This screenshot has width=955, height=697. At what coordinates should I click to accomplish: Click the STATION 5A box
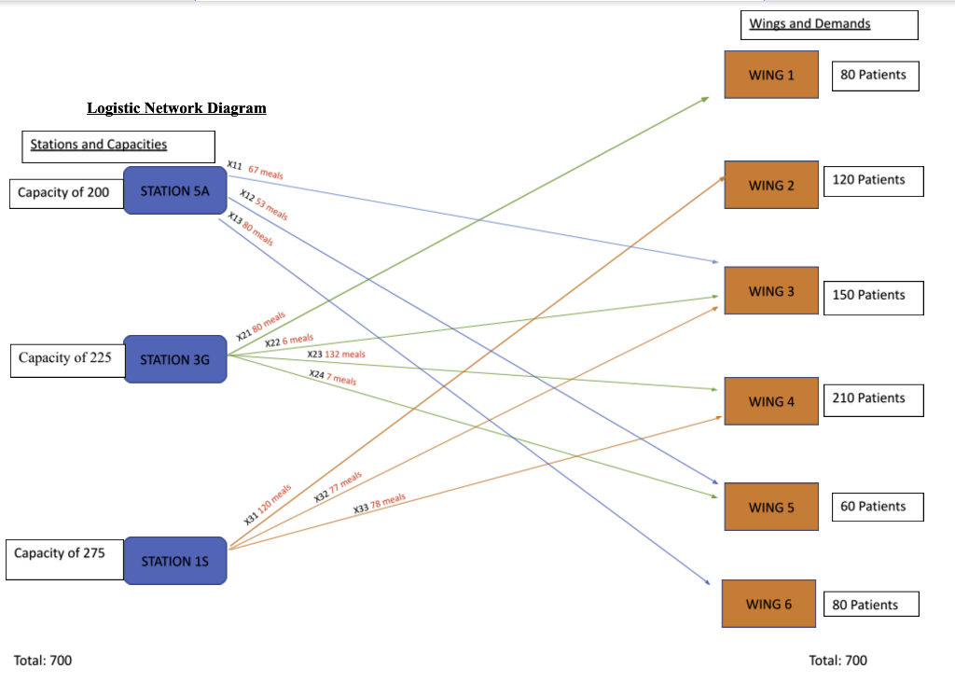[x=174, y=190]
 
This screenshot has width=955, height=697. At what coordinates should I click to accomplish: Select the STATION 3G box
[x=174, y=359]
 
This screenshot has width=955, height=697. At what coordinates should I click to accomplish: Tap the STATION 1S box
[x=174, y=561]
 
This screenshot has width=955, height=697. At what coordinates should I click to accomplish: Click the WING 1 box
[x=771, y=75]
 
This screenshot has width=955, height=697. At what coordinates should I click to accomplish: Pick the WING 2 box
[x=771, y=185]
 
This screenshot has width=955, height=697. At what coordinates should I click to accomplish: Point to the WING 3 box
[x=771, y=291]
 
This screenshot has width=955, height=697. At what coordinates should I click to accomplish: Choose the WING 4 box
[x=771, y=401]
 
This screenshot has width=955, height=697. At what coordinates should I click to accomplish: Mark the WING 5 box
[x=771, y=508]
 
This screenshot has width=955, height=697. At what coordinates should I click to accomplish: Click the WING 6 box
[x=768, y=604]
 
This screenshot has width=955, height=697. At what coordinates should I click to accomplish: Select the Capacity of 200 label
[x=63, y=193]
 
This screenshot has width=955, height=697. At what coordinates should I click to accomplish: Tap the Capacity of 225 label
[x=65, y=358]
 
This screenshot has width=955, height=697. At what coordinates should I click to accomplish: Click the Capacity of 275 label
[x=61, y=554]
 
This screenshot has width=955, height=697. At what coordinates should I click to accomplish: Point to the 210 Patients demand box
[x=868, y=398]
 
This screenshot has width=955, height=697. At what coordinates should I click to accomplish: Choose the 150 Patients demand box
[x=868, y=295]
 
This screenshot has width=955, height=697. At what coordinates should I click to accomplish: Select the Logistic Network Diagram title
[x=176, y=108]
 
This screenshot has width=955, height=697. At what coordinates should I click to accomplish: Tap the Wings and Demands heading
[x=810, y=23]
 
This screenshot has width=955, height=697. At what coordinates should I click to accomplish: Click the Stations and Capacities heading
[x=99, y=145]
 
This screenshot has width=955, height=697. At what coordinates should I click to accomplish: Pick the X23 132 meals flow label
[x=336, y=355]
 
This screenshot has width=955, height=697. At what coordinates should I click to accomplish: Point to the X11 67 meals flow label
[x=256, y=170]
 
